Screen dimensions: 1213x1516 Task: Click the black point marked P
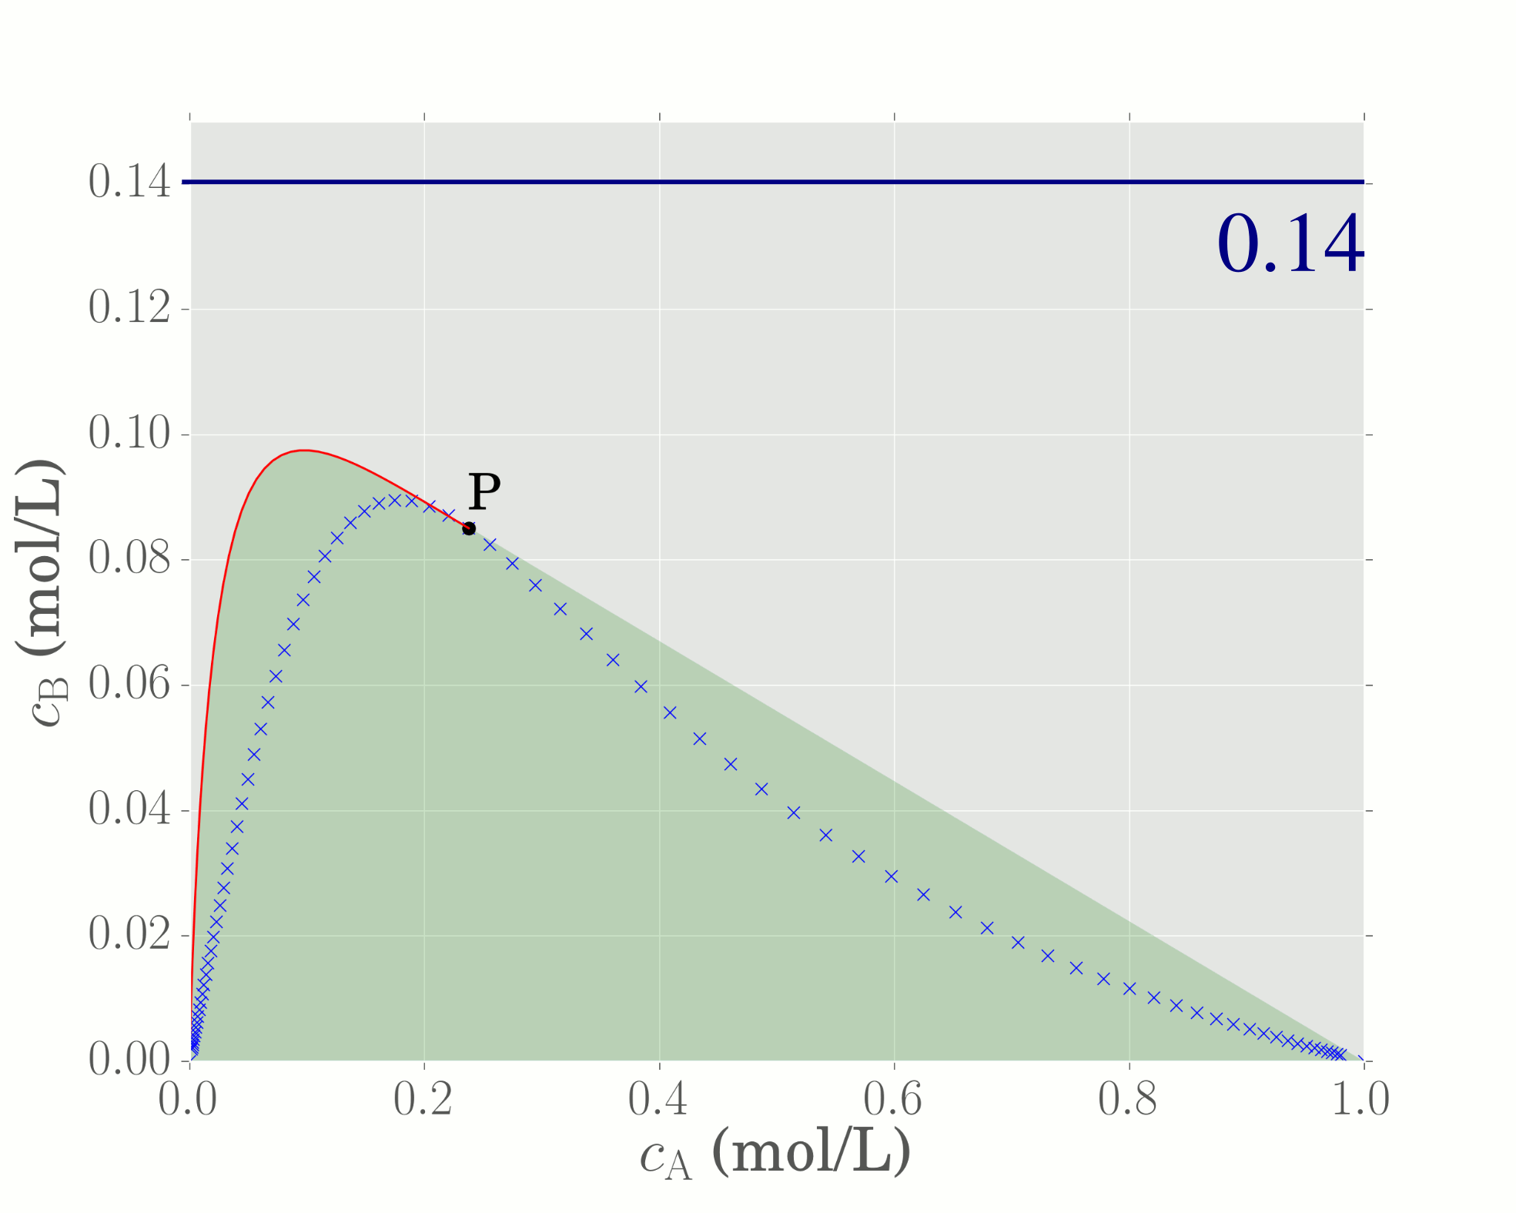point(469,528)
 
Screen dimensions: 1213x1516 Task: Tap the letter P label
point(484,491)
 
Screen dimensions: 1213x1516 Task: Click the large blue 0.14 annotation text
point(1290,245)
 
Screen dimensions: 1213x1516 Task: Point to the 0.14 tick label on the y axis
point(129,183)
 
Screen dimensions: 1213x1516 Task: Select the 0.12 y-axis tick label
point(129,308)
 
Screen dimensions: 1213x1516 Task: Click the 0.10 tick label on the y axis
point(129,434)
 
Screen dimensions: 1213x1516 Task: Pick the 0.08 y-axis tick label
point(129,559)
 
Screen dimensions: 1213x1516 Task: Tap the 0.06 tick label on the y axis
point(129,685)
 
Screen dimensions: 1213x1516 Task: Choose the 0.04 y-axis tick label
point(129,810)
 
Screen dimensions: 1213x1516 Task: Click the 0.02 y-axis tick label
point(129,935)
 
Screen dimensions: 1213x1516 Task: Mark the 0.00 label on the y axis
point(129,1060)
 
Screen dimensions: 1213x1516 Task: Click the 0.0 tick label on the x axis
point(188,1099)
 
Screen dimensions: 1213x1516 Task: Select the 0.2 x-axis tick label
point(423,1099)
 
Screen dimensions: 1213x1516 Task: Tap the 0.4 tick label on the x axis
point(658,1099)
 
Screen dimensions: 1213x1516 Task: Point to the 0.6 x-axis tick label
point(893,1099)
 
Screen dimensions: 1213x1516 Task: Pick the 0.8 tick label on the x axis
point(1128,1099)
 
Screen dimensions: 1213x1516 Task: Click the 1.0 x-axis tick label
point(1361,1099)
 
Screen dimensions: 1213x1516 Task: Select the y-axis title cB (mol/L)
point(40,593)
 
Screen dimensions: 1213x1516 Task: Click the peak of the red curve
point(305,450)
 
